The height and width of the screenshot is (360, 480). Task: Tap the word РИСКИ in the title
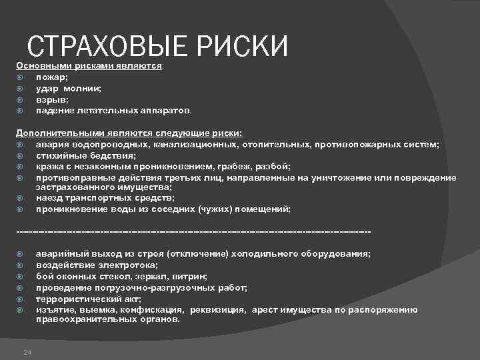244,47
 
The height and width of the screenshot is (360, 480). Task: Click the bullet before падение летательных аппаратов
20,109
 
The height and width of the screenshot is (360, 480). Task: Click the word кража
50,166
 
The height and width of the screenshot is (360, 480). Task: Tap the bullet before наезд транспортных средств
20,198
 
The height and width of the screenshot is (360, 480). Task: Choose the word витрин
190,275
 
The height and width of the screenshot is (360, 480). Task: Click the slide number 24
27,352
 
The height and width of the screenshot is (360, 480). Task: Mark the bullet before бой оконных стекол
20,275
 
